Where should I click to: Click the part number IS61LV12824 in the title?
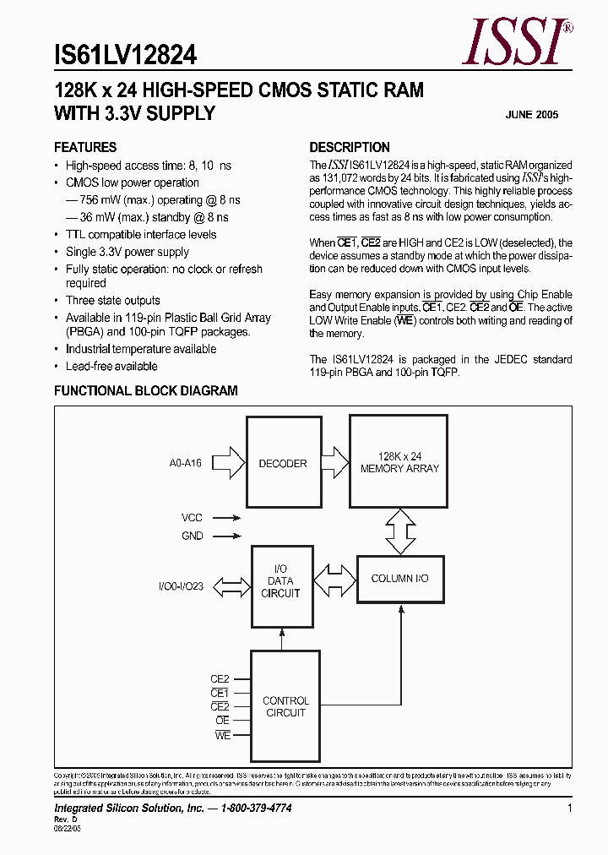point(125,56)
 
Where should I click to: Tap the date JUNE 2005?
point(531,115)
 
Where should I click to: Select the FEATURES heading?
point(85,147)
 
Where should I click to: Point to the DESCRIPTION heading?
point(350,147)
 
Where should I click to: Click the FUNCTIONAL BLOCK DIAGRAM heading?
point(146,391)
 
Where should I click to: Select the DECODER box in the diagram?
point(283,463)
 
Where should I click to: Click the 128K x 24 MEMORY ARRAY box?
point(399,462)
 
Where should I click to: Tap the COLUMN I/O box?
point(399,579)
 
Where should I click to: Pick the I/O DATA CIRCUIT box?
point(280,585)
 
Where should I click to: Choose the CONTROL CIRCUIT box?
point(285,706)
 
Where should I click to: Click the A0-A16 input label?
point(185,463)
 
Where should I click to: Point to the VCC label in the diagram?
point(192,517)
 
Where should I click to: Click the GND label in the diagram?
point(192,536)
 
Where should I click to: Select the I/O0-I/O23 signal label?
point(181,585)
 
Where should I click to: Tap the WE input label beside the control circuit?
point(222,735)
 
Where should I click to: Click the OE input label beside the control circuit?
point(222,721)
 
